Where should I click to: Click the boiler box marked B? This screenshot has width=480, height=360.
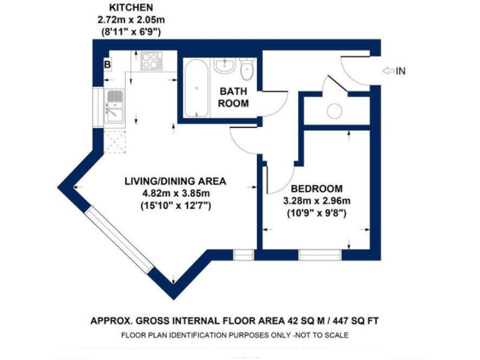(x=107, y=64)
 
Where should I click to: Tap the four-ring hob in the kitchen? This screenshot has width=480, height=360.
(x=151, y=61)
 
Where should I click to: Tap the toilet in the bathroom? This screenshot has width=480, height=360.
(x=246, y=69)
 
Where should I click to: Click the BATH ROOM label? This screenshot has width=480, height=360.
(x=234, y=97)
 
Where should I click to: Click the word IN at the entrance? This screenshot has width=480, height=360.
(x=401, y=71)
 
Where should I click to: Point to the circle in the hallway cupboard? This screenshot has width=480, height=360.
(x=334, y=111)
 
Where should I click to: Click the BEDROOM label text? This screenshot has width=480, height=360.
(x=317, y=189)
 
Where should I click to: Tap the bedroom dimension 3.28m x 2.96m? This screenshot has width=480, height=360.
(x=317, y=201)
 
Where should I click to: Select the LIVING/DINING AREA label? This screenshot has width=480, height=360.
(x=175, y=181)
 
